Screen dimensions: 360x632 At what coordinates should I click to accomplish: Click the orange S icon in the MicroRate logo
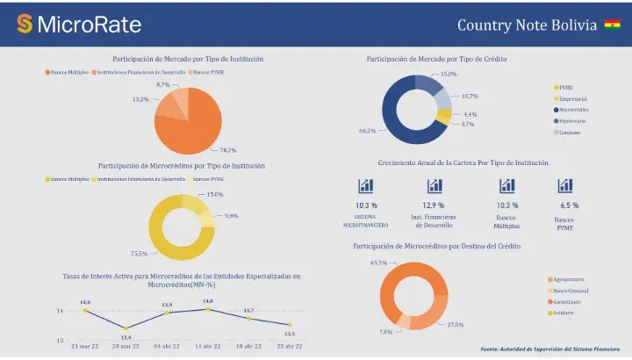coord(25,25)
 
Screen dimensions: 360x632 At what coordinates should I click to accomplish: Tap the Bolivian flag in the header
coord(611,25)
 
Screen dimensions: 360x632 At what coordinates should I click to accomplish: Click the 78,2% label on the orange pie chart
coord(227,150)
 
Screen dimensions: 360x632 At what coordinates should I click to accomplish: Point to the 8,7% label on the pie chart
coord(163,84)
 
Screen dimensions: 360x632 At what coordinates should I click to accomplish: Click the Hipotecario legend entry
coord(571,121)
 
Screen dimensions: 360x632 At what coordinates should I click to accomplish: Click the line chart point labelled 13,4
coord(126,328)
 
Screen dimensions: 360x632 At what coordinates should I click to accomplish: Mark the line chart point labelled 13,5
coord(289,325)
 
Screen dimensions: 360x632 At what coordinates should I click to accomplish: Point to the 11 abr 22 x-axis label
coord(208,347)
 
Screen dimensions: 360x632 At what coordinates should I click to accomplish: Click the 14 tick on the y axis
coord(60,311)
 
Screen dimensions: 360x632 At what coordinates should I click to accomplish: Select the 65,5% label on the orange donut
coord(379,263)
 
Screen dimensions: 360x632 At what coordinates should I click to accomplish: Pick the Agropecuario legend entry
coord(570,279)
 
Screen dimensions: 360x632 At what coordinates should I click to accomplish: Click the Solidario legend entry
coord(566,312)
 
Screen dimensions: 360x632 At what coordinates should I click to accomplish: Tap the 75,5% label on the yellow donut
coord(139,253)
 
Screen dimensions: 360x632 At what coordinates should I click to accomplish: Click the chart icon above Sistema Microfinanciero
coord(366,186)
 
